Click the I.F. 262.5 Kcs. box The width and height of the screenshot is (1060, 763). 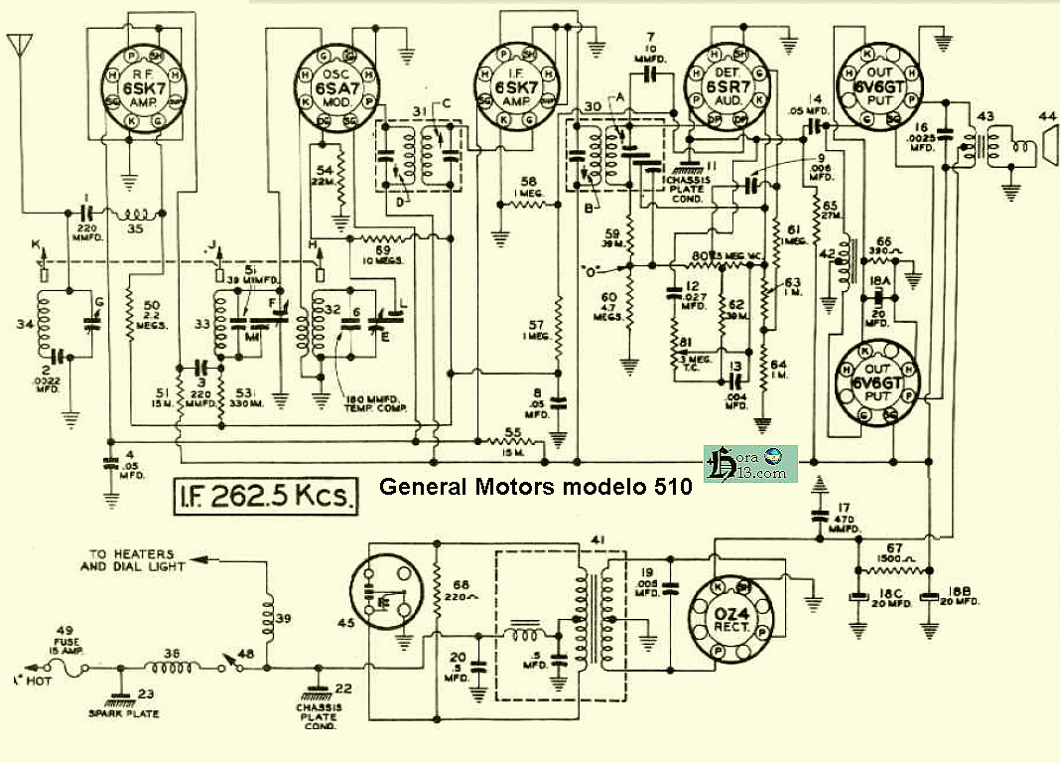click(x=265, y=494)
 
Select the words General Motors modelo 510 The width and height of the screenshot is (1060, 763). click(x=536, y=488)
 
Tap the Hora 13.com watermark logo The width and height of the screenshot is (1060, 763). click(x=751, y=463)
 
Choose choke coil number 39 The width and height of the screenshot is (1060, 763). click(x=267, y=613)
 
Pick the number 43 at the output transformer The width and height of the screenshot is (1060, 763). click(x=984, y=116)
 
